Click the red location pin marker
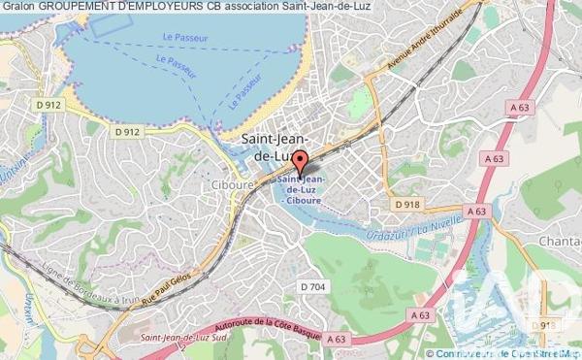(300, 163)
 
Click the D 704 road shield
(312, 286)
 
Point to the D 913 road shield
(548, 325)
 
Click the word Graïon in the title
(18, 8)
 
